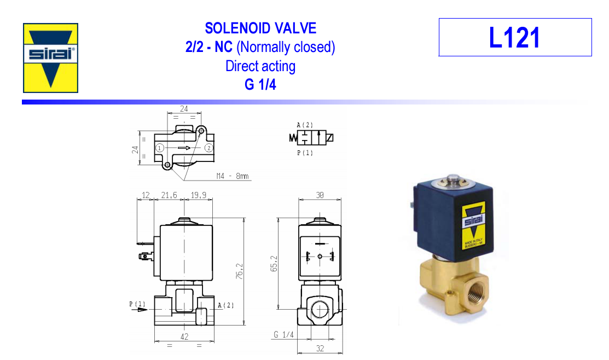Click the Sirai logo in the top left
50,57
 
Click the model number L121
514,38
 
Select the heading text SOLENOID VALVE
260,28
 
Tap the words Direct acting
260,66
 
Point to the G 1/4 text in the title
260,85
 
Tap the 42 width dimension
184,337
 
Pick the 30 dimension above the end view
320,195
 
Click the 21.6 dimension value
169,195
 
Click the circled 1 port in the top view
159,148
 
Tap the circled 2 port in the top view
208,148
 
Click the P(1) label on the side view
138,304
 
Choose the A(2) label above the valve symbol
305,125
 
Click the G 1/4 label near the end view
284,334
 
